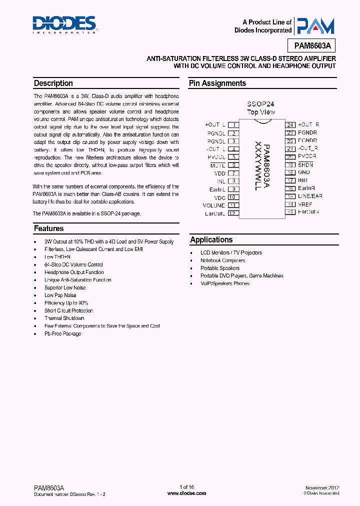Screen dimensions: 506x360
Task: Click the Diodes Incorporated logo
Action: pos(64,23)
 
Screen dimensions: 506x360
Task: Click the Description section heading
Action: pos(53,83)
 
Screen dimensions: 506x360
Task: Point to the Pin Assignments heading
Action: pos(217,83)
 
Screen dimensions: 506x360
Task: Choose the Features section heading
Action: pos(49,228)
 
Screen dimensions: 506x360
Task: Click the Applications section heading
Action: pos(211,240)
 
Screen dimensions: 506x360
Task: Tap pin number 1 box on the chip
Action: pos(233,124)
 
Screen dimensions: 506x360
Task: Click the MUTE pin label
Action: pos(217,165)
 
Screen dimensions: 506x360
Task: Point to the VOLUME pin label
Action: pos(214,205)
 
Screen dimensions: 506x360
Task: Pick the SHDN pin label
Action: pos(305,165)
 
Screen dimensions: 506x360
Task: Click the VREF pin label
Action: pos(305,204)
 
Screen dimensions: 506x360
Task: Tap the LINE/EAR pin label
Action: pos(310,196)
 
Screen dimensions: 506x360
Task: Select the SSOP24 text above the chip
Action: pos(260,104)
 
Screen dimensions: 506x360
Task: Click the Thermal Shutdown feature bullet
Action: pos(64,318)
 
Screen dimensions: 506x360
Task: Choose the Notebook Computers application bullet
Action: pos(222,260)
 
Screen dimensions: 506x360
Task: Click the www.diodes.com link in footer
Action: pos(186,493)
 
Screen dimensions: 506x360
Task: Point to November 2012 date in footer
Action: pos(322,487)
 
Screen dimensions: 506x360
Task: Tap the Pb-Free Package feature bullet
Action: pos(62,333)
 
